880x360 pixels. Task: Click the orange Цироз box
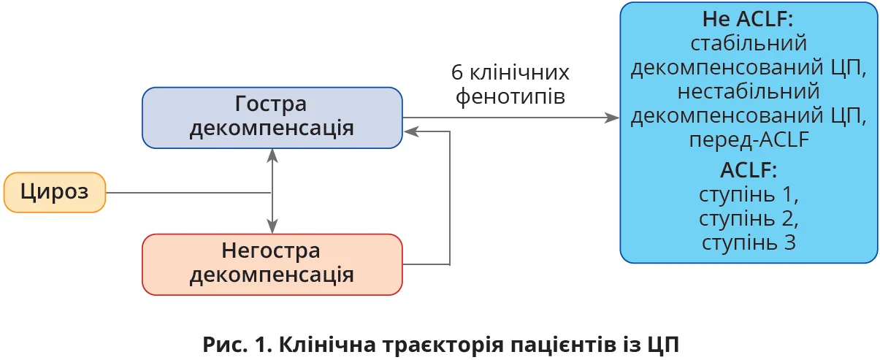click(55, 193)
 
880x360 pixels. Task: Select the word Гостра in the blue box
click(271, 104)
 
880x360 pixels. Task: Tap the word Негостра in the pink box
click(271, 250)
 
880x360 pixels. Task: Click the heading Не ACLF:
click(748, 19)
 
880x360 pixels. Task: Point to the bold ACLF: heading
click(748, 172)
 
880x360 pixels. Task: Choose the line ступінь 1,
click(748, 195)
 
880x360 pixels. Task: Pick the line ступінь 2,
click(748, 218)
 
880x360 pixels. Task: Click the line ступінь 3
click(748, 242)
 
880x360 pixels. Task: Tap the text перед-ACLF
click(748, 139)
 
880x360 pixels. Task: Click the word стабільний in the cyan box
click(748, 43)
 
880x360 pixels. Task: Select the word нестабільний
click(748, 91)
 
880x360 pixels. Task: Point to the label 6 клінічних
click(510, 73)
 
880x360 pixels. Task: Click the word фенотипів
click(510, 96)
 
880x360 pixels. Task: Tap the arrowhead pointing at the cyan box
click(613, 118)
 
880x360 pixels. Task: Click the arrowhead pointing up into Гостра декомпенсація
click(272, 154)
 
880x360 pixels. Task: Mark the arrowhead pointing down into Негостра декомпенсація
click(272, 229)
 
